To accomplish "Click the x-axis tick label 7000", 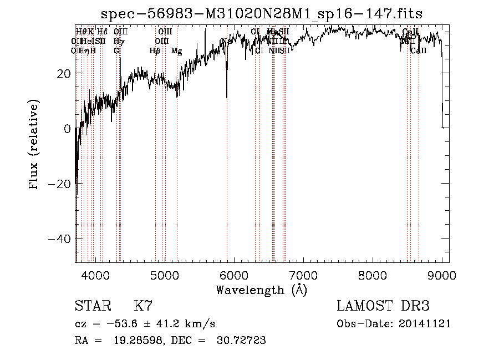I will pyautogui.click(x=303, y=275).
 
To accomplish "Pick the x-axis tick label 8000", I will pyautogui.click(x=372, y=275).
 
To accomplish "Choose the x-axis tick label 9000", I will pyautogui.click(x=441, y=275).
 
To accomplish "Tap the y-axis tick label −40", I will pyautogui.click(x=59, y=239).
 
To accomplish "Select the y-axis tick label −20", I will pyautogui.click(x=59, y=184).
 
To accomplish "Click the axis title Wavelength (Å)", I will pyautogui.click(x=261, y=290).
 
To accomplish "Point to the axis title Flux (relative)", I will pyautogui.click(x=34, y=145).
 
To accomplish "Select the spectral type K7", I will pyautogui.click(x=143, y=306).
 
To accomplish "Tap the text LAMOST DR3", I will pyautogui.click(x=383, y=306).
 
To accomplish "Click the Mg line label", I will pyautogui.click(x=176, y=51).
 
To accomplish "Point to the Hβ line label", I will pyautogui.click(x=155, y=51).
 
